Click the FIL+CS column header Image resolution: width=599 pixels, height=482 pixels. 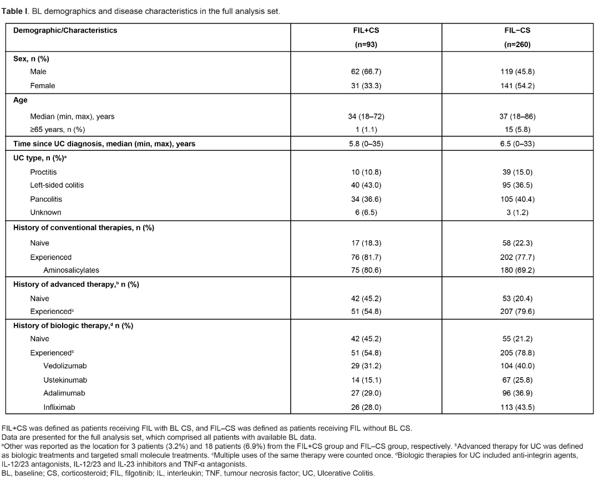(366, 31)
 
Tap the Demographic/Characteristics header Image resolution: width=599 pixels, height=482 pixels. (65, 31)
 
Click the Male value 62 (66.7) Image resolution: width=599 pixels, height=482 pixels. (366, 72)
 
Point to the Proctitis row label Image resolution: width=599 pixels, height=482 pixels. (43, 172)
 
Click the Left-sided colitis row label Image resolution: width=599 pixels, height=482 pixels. (57, 185)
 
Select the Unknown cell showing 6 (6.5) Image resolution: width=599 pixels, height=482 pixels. (366, 212)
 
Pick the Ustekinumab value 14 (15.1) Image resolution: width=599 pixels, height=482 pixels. (366, 380)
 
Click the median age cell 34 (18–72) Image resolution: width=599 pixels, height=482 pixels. (366, 116)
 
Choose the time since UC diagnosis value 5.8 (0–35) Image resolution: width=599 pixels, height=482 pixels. (366, 144)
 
